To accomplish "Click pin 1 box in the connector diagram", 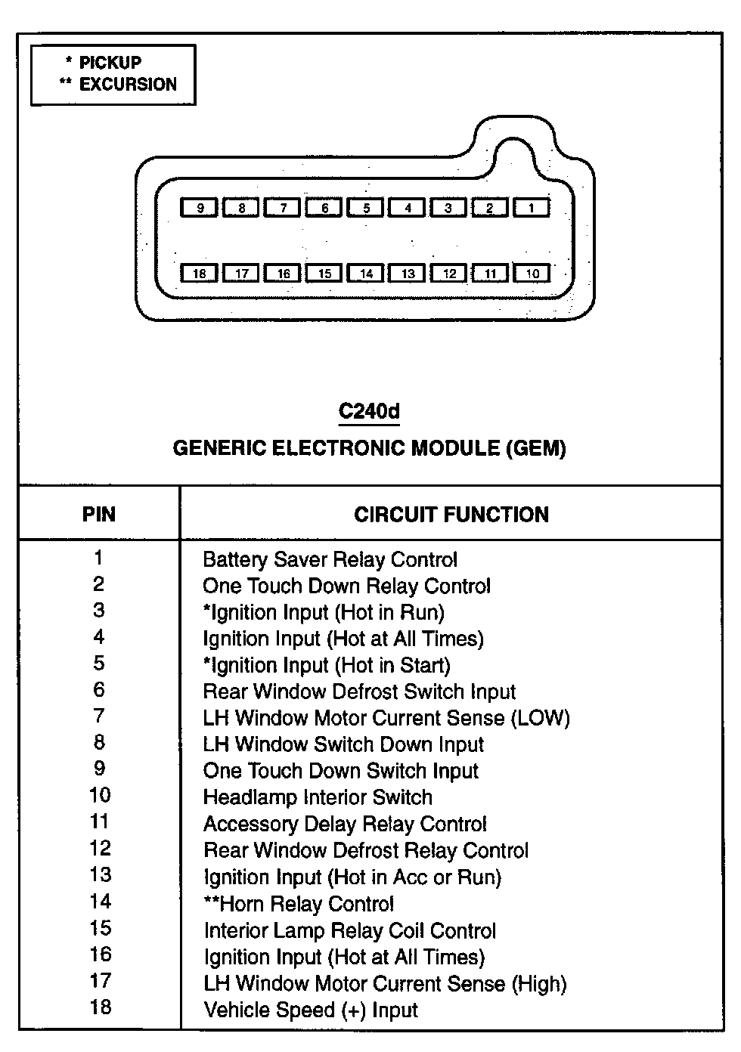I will pos(532,207).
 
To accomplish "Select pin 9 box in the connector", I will pos(199,207).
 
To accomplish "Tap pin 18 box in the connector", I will pos(199,273).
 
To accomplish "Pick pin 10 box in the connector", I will pos(532,273).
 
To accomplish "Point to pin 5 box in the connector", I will pos(366,207).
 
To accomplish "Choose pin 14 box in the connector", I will pos(366,273).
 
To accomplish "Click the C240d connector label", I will pos(369,411).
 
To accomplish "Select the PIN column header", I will pos(99,515).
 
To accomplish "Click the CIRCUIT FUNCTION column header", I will pos(451,515).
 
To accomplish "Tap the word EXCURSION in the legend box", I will pos(128,84).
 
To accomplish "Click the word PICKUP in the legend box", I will pos(110,63).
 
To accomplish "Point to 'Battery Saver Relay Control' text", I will pos(330,560).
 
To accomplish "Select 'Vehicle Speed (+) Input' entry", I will pos(310,1010).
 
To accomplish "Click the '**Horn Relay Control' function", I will pos(299,904).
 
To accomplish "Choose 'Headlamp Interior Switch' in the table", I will pos(318,798).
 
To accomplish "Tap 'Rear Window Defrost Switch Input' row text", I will pos(359,692).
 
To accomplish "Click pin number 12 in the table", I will pos(100,849).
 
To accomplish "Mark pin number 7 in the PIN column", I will pos(99,716).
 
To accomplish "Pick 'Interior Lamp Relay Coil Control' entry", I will pos(350,931).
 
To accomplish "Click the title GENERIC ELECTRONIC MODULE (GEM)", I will pos(369,448).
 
